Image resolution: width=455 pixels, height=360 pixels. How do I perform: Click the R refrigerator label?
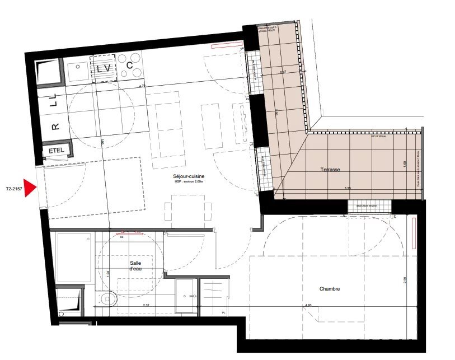(x=54, y=127)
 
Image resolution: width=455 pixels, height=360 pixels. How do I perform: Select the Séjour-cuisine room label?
(x=190, y=177)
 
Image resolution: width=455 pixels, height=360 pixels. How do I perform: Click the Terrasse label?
(x=331, y=169)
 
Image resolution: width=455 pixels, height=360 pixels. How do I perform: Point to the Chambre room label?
(x=330, y=289)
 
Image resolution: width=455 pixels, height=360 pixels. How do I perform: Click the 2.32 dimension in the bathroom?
(x=130, y=305)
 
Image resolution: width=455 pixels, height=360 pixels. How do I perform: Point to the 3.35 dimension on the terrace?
(x=348, y=189)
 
